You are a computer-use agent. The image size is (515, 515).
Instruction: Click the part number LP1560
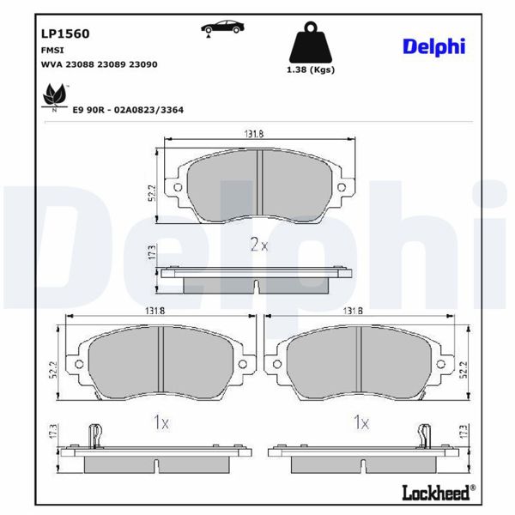click(x=65, y=33)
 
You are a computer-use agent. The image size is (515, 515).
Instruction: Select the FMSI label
click(x=52, y=51)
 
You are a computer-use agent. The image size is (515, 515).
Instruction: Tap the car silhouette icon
click(x=222, y=27)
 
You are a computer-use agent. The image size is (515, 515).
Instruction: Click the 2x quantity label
click(x=259, y=245)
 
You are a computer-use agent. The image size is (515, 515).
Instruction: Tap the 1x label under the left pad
click(x=161, y=421)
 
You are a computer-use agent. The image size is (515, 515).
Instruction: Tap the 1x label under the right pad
click(x=360, y=421)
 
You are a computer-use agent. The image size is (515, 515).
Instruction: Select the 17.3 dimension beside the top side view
click(x=151, y=252)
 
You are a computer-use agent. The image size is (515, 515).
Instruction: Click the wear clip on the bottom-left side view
click(x=96, y=434)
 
